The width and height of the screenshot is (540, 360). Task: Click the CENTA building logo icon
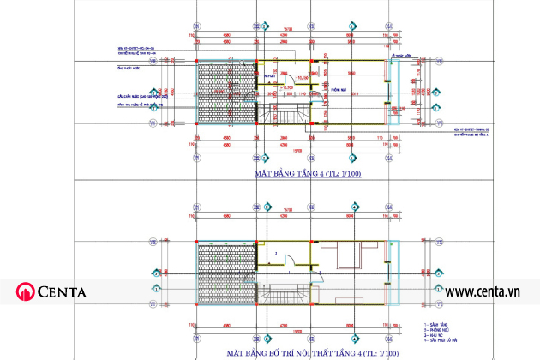pyautogui.click(x=25, y=291)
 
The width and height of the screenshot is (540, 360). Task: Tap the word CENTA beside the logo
pyautogui.click(x=61, y=292)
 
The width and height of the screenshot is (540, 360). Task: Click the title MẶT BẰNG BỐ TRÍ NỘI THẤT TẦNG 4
pyautogui.click(x=313, y=352)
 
